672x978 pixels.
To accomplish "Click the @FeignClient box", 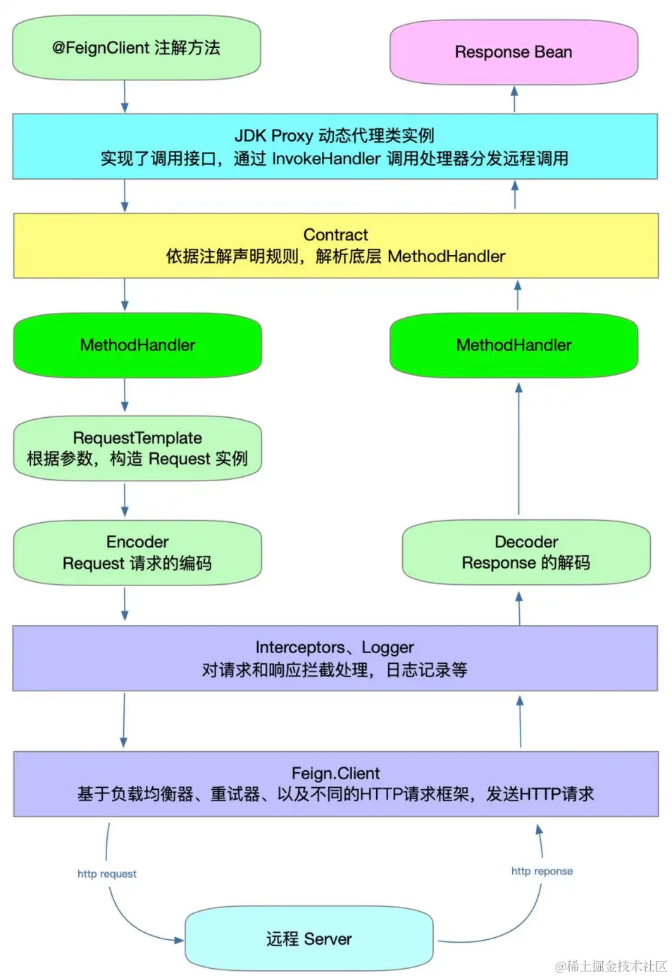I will [x=137, y=48].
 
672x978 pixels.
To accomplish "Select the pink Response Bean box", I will [x=514, y=52].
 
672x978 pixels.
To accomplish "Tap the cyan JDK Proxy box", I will [x=335, y=147].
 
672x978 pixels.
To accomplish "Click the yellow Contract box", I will [x=335, y=245].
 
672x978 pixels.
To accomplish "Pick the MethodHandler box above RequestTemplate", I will [x=137, y=345].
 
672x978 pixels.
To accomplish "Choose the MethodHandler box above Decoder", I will [x=514, y=345].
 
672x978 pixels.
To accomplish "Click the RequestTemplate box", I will [x=137, y=449].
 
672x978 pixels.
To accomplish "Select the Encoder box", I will [x=137, y=552].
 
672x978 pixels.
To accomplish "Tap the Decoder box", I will [x=525, y=552].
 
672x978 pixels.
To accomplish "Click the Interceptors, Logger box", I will [x=335, y=658].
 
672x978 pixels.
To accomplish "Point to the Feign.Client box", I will [x=335, y=784].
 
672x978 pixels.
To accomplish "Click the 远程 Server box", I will [x=309, y=939].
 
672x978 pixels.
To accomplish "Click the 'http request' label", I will [x=107, y=874].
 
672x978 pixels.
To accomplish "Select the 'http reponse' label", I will [x=542, y=871].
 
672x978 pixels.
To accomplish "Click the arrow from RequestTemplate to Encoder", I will [x=125, y=500].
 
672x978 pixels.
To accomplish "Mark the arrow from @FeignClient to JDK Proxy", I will [x=125, y=96].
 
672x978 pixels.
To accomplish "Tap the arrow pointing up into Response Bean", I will [x=514, y=99].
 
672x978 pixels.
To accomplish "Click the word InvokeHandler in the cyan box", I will [x=326, y=159].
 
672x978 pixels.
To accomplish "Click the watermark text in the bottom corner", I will [x=611, y=965].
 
